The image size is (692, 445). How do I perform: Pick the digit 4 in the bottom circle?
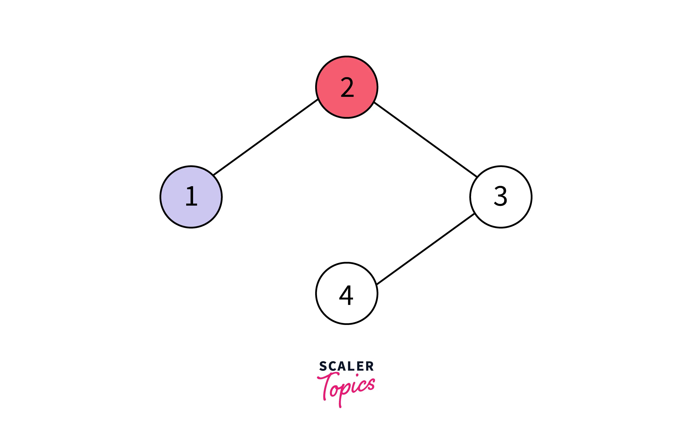(346, 295)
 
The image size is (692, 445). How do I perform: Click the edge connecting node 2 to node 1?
(265, 137)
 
